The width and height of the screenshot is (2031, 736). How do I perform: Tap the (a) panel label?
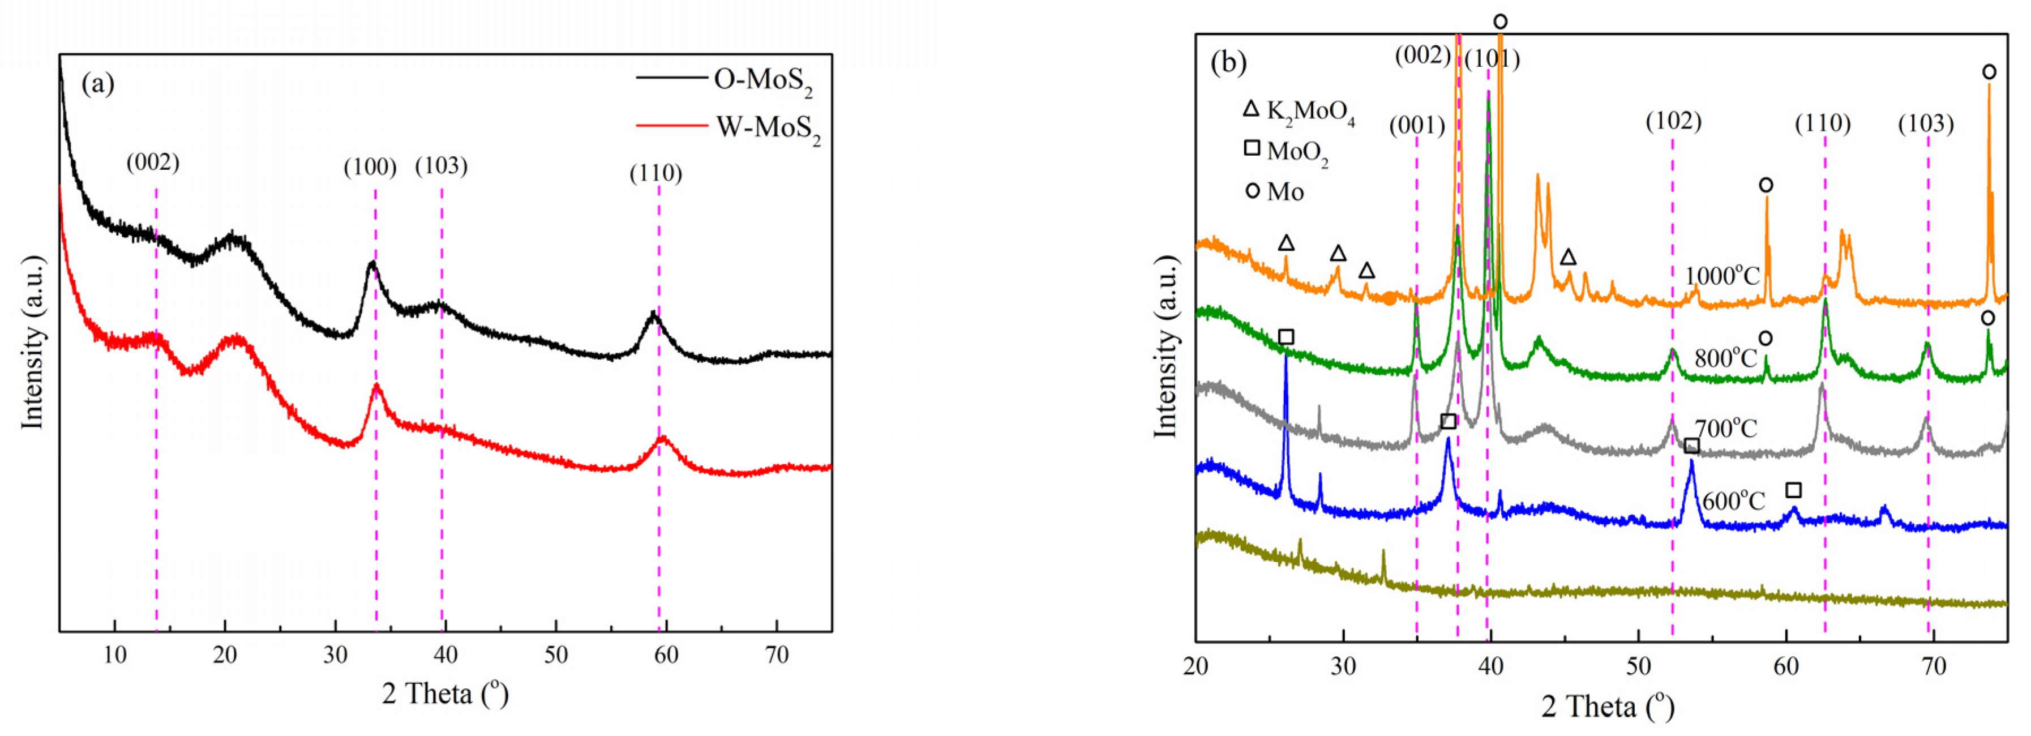click(98, 84)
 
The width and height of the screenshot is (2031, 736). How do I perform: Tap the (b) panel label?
click(1228, 62)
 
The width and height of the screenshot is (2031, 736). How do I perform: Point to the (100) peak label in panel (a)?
click(370, 167)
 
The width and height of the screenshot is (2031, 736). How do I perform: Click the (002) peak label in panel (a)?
click(153, 162)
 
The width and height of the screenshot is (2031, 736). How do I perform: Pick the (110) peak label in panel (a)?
click(655, 173)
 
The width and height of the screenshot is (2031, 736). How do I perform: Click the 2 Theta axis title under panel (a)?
click(445, 694)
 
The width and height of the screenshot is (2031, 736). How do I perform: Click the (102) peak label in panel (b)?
click(1673, 122)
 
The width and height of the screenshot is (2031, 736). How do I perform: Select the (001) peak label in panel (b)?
click(1417, 126)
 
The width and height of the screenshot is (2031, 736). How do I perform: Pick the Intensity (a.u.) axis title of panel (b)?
click(1166, 346)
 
